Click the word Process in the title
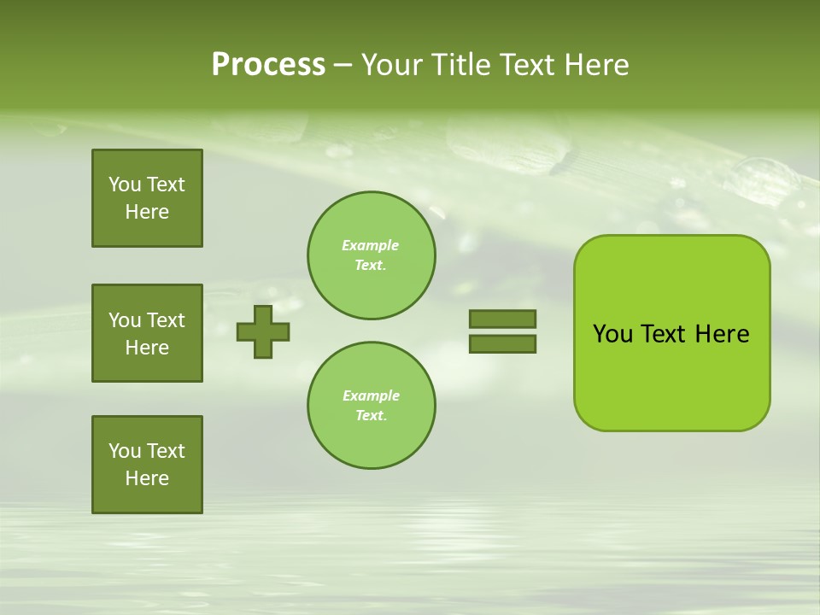tap(268, 65)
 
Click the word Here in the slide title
tap(594, 65)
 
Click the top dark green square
tap(147, 198)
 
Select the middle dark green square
tap(147, 333)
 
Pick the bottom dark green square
tap(147, 465)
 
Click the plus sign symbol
tap(263, 331)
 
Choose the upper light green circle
tap(372, 255)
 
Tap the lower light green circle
tap(372, 406)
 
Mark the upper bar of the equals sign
tap(502, 319)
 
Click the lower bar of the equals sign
tap(502, 344)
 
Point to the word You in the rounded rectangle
tap(612, 334)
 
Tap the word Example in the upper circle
tap(370, 245)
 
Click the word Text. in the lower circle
tap(371, 416)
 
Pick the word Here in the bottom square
tap(147, 478)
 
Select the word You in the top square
tap(125, 184)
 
